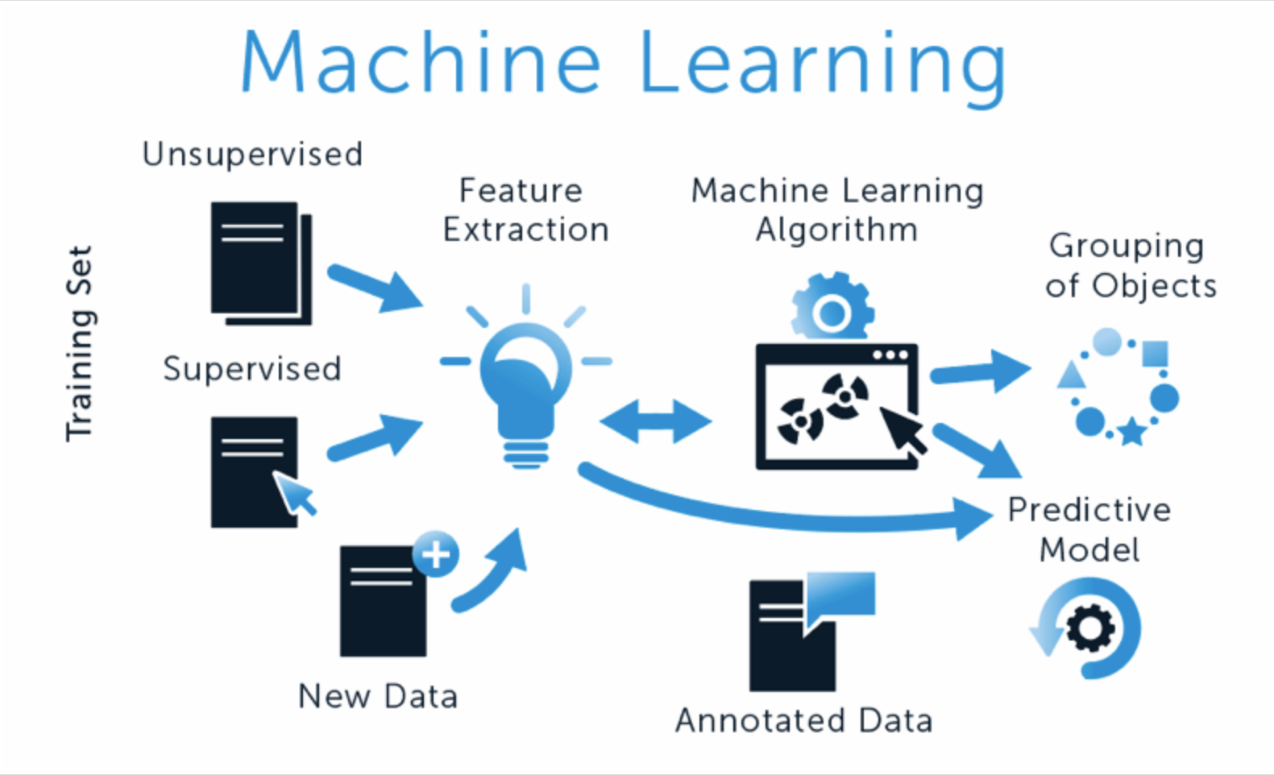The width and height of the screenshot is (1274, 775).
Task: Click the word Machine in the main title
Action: (x=420, y=63)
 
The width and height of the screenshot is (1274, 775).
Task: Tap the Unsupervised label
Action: (x=252, y=154)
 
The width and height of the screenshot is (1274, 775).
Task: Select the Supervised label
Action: (x=252, y=369)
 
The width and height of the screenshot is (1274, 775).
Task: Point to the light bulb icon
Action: (x=525, y=387)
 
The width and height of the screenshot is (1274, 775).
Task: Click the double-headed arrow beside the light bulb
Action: (x=656, y=421)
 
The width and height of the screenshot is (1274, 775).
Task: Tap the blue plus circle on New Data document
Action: (x=436, y=554)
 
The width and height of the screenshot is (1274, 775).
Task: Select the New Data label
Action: (x=377, y=696)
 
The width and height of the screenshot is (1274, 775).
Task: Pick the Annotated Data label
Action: (x=803, y=720)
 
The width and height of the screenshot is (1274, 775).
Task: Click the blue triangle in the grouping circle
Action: (x=1072, y=375)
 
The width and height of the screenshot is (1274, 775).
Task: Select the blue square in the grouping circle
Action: (x=1155, y=354)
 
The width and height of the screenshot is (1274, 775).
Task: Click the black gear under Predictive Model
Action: (x=1090, y=628)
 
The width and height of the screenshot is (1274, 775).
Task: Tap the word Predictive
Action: (x=1089, y=510)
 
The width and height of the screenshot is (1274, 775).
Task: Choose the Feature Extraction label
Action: (x=525, y=210)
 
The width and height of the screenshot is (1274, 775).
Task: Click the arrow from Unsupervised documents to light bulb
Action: (x=376, y=287)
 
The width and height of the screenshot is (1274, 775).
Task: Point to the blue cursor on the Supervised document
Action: (x=295, y=492)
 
